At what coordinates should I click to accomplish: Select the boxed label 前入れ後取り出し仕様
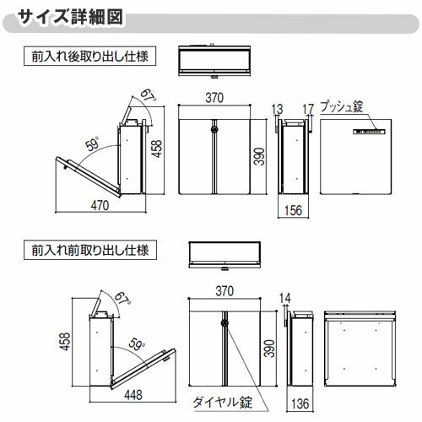(88, 58)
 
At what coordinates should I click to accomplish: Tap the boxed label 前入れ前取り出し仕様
(88, 250)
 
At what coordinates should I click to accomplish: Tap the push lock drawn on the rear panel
(370, 132)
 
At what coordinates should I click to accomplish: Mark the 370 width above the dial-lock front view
(225, 290)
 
